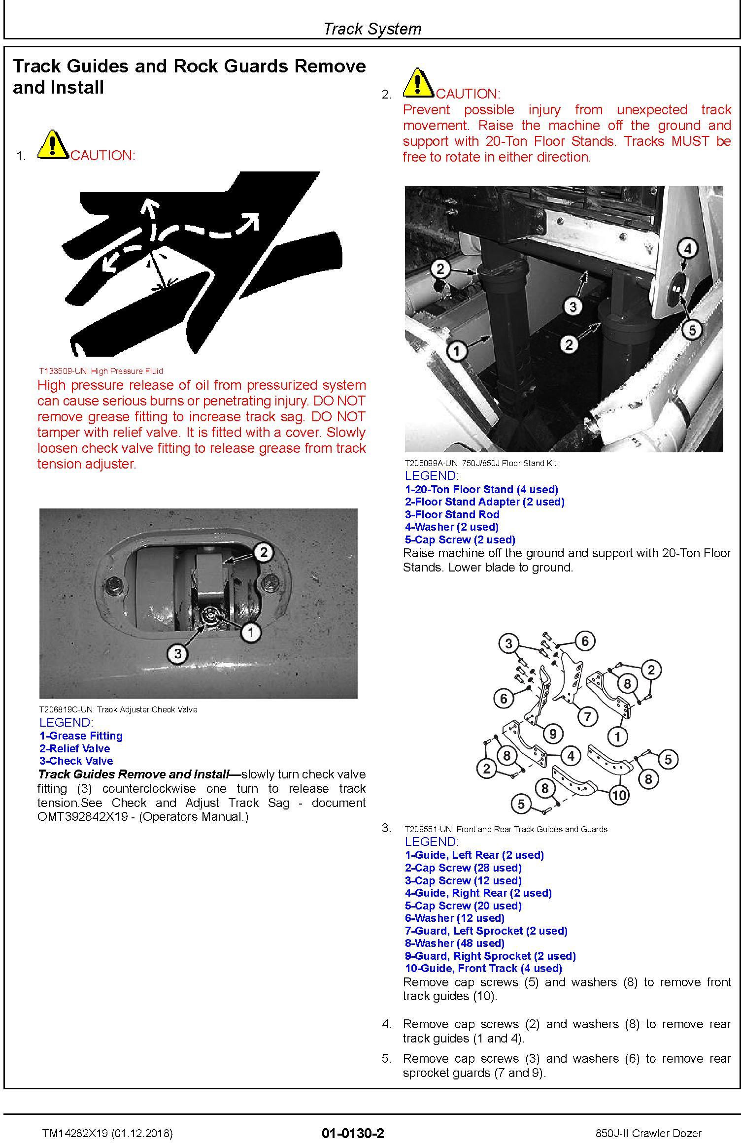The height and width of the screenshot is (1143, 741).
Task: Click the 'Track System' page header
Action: tap(372, 29)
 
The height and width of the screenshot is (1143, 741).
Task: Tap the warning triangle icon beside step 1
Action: tap(53, 144)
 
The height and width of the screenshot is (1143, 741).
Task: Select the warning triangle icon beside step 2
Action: tap(418, 82)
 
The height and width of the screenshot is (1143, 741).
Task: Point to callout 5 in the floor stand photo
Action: tap(692, 330)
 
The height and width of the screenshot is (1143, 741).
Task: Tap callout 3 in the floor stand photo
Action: tap(573, 307)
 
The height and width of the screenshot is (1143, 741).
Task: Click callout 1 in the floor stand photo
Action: tap(457, 351)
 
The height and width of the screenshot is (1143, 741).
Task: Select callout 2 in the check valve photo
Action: tap(264, 552)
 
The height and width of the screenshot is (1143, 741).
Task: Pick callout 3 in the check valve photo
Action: tap(178, 654)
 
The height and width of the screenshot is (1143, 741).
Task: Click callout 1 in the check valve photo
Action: tap(251, 632)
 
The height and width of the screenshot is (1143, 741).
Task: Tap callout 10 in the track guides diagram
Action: tap(619, 794)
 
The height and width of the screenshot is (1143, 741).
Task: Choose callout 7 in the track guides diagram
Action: tap(587, 716)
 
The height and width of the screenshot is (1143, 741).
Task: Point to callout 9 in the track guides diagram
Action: tap(553, 734)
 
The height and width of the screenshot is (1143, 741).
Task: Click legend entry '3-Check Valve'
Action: tap(76, 761)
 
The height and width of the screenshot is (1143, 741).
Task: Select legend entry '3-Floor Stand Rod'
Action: tap(452, 514)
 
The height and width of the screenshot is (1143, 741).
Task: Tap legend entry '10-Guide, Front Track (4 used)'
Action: tap(483, 968)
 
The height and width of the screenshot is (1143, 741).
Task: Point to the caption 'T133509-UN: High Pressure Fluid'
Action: tap(101, 371)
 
